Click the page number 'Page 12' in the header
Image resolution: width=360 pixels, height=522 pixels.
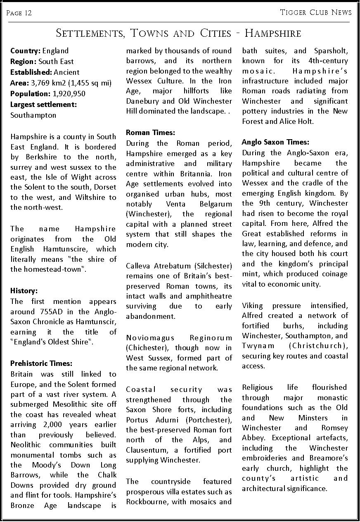click(x=19, y=13)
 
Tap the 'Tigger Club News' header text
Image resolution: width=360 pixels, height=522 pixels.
click(x=316, y=12)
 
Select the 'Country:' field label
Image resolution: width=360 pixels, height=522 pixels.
click(x=25, y=51)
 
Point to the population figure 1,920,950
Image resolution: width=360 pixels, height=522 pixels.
click(x=69, y=94)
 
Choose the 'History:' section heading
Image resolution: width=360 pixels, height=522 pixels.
click(x=24, y=291)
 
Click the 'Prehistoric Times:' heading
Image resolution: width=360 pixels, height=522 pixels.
click(x=41, y=364)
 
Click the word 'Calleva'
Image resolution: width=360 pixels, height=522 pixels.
click(x=138, y=266)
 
